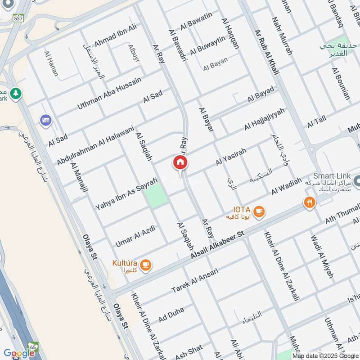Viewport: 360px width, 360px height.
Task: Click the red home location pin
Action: point(180,163)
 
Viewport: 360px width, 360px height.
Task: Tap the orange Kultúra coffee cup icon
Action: point(145,265)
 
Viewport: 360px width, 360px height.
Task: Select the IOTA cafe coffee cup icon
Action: point(259,211)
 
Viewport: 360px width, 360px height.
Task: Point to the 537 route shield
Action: point(19,18)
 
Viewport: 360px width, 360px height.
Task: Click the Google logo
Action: point(19,353)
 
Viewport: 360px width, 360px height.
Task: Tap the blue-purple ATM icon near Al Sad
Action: point(45,120)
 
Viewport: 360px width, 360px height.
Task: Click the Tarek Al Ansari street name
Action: point(194,281)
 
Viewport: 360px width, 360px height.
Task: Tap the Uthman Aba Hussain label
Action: point(109,93)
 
